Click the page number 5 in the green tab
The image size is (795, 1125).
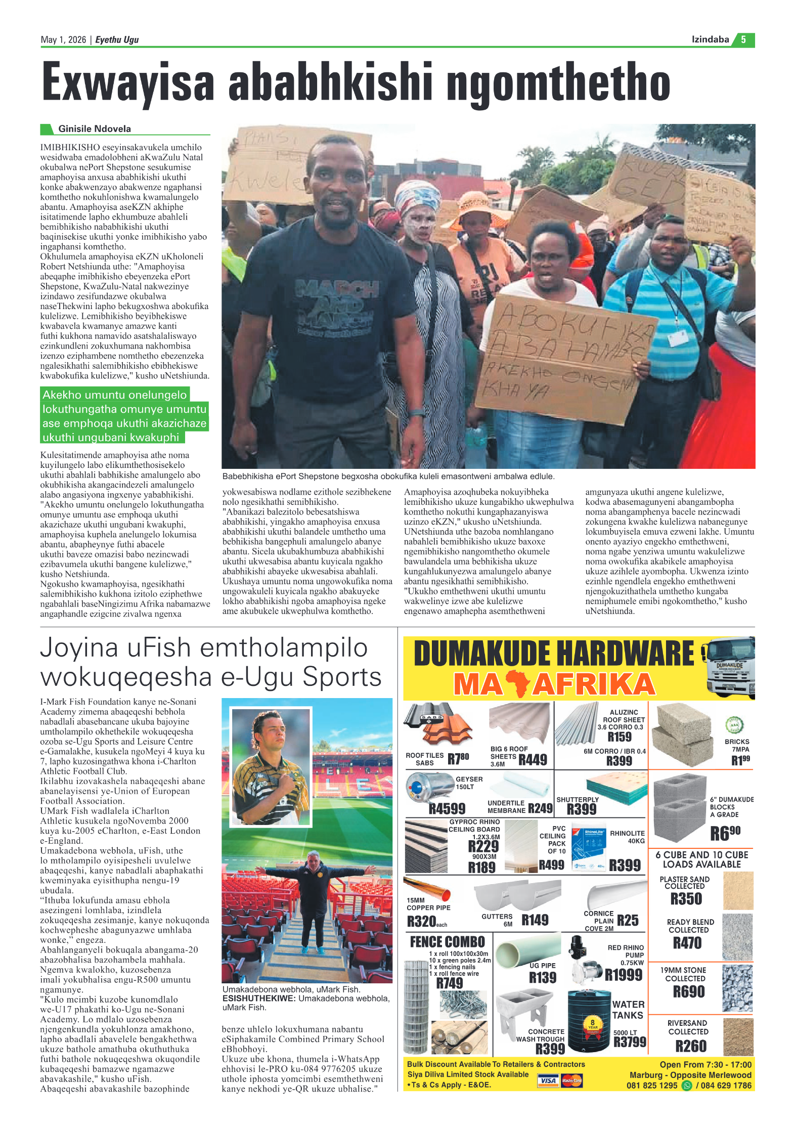click(x=743, y=39)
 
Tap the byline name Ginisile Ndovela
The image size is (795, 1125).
click(x=94, y=128)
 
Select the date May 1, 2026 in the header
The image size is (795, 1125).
click(x=63, y=39)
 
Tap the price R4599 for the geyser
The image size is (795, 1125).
click(x=447, y=808)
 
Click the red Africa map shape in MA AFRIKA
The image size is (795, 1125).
click(x=517, y=683)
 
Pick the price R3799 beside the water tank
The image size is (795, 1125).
click(x=630, y=1042)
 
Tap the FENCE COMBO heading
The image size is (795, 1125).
click(x=447, y=942)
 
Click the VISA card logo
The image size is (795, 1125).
click(x=548, y=1080)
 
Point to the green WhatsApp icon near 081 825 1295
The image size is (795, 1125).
click(x=686, y=1086)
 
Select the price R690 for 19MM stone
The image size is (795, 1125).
click(x=688, y=991)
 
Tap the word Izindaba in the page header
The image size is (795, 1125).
click(x=710, y=39)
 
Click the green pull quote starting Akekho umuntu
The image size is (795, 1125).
click(x=124, y=416)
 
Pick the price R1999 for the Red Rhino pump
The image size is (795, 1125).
click(x=623, y=975)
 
